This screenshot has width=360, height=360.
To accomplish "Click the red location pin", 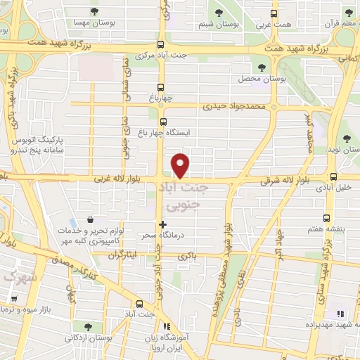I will coord(181,165).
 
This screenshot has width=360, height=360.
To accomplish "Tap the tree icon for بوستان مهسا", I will coord(95,11).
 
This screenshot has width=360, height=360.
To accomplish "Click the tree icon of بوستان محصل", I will coord(262,67).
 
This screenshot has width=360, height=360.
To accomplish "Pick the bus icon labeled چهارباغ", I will coord(162,88).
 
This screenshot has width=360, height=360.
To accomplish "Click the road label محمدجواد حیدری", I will coord(236,107).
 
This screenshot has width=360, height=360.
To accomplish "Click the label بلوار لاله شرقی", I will coord(266,181).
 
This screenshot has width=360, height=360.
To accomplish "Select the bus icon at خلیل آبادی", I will coord(333,176).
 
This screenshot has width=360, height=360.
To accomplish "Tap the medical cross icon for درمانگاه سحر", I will coord(163,224).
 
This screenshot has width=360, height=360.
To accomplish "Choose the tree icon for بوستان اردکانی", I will coord(87,327).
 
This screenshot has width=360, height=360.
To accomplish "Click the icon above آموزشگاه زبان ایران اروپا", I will coord(166,327).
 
